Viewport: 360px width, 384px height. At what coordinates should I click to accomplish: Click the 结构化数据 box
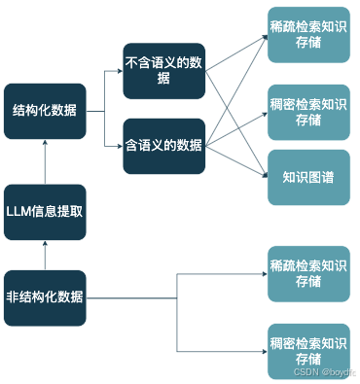click(45, 110)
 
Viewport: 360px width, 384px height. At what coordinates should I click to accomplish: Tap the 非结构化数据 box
click(45, 297)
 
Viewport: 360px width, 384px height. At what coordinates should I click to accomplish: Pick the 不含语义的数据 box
click(164, 71)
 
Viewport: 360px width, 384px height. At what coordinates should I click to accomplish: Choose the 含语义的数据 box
click(164, 145)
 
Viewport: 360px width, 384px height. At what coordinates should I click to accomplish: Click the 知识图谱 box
click(308, 177)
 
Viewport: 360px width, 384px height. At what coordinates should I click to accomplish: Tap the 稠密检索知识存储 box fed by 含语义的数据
click(308, 112)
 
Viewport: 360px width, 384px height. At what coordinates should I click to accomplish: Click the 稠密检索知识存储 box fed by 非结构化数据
click(308, 350)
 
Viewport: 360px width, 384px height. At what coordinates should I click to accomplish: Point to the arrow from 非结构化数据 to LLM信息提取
click(45, 255)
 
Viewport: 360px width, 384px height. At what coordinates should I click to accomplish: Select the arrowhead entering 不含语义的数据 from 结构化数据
click(118, 71)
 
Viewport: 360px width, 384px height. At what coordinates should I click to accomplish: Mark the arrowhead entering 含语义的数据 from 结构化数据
click(118, 146)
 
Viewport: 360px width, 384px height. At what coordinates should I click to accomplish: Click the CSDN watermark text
click(326, 372)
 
